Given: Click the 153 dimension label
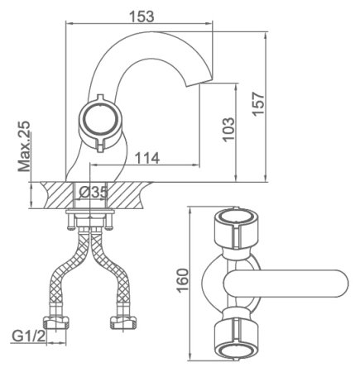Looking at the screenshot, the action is [142, 17].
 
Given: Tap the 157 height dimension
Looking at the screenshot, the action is [258, 104].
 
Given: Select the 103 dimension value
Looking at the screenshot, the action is [228, 130].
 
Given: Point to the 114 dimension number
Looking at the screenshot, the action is [147, 158].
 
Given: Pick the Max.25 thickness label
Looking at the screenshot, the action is [24, 146].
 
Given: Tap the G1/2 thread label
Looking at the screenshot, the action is [29, 336].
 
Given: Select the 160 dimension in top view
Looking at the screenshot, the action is [182, 280].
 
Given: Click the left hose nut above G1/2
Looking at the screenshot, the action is [56, 322].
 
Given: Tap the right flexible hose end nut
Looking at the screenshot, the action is [122, 322].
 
